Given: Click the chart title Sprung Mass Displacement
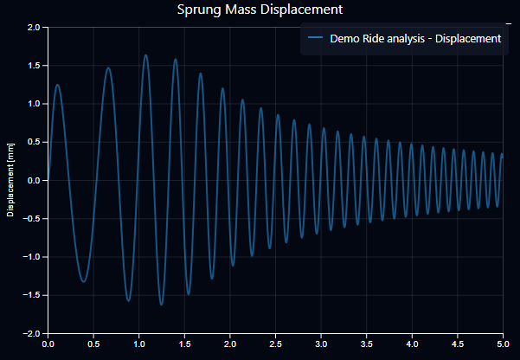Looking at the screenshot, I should [x=260, y=10].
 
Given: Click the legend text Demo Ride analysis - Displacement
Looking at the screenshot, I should [x=415, y=39].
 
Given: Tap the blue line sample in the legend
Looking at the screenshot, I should [x=314, y=39].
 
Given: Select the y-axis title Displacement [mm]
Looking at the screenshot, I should [x=11, y=180].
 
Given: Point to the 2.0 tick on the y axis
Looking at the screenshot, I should [x=33, y=28].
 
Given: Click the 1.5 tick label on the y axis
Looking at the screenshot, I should [x=33, y=66].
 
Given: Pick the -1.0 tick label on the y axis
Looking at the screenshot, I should [x=31, y=257].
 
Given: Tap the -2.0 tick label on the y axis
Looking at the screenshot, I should [x=31, y=333].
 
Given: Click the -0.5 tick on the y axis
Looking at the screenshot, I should [x=31, y=219].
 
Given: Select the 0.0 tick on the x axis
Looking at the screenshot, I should [x=48, y=344].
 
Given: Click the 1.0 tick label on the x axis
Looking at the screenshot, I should [x=139, y=344].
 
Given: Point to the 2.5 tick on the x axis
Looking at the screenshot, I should [x=275, y=344].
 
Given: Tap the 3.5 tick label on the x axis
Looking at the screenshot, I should [x=366, y=344].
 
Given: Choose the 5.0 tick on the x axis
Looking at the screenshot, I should [x=502, y=344].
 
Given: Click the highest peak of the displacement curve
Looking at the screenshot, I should [x=145, y=55].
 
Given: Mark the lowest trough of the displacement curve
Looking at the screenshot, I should [x=161, y=305].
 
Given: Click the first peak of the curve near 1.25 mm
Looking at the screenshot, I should [x=57, y=85].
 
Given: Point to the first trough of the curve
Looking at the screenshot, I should [x=83, y=281].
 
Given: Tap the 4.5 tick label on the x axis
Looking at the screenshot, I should [x=457, y=344].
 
